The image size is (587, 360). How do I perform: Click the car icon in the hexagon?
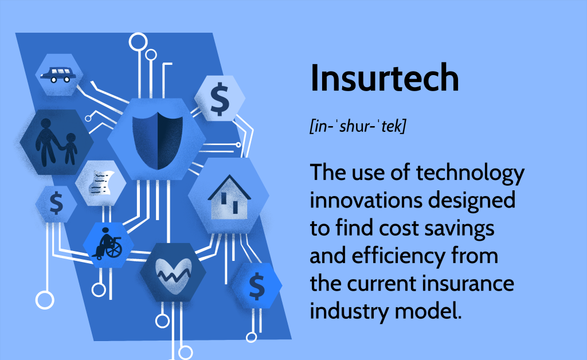coord(60,75)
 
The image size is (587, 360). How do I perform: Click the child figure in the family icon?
coord(71,148)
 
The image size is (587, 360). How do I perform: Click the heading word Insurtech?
coord(384,79)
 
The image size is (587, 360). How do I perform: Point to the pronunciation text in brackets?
coord(357,127)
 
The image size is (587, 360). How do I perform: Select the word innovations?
coord(367,201)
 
